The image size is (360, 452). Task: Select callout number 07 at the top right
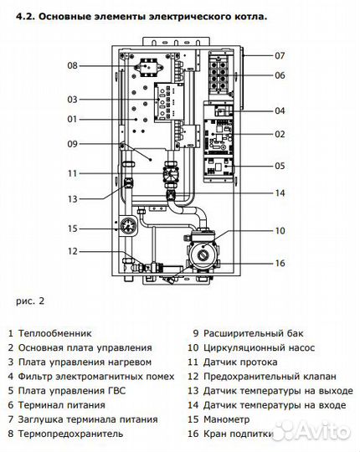279,55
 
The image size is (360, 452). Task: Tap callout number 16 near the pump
279,264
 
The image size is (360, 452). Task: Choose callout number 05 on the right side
279,166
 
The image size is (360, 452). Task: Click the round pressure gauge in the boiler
128,226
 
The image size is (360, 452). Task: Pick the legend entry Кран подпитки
241,434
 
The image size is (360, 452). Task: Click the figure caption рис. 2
28,299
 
